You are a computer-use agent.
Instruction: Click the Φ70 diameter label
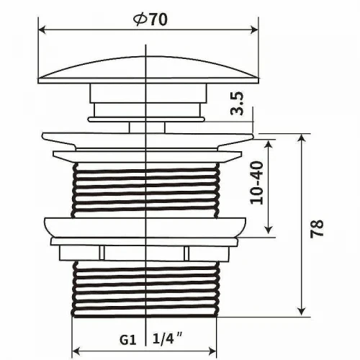pyautogui.click(x=150, y=19)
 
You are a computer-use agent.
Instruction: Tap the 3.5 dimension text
pyautogui.click(x=237, y=104)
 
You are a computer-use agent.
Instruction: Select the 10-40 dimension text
pyautogui.click(x=256, y=183)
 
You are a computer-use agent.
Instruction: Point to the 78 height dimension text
pyautogui.click(x=317, y=228)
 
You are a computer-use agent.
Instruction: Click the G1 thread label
pyautogui.click(x=128, y=340)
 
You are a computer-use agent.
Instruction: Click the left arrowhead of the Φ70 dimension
pyautogui.click(x=42, y=30)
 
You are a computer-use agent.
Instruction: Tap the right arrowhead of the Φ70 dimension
pyautogui.click(x=254, y=30)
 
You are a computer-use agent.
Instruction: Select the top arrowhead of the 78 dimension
pyautogui.click(x=302, y=138)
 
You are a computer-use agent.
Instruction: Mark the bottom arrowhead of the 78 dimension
pyautogui.click(x=302, y=312)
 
